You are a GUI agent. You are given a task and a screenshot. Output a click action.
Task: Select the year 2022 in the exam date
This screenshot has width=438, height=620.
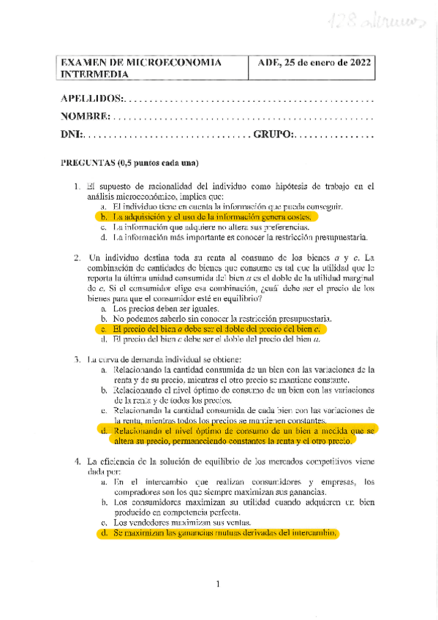(x=356, y=63)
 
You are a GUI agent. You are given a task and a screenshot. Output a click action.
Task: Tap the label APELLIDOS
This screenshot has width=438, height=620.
(x=92, y=99)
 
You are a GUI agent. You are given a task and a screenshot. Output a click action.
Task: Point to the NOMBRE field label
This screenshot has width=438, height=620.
(x=86, y=117)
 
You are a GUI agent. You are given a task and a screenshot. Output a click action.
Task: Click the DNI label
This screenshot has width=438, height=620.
(x=72, y=135)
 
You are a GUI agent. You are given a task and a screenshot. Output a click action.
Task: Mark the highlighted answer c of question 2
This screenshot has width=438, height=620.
(x=216, y=329)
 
